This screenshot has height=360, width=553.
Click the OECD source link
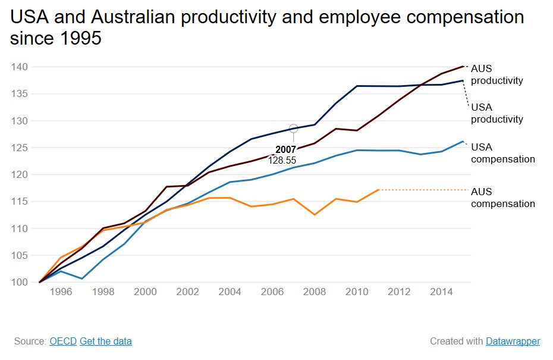tap(63, 341)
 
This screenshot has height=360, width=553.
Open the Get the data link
tap(106, 341)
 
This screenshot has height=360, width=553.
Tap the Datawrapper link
tap(513, 341)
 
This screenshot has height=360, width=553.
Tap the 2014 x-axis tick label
tap(441, 292)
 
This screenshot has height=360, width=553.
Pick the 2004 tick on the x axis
tap(230, 292)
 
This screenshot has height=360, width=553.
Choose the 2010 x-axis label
tap(357, 292)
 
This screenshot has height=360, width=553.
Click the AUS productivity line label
tap(497, 74)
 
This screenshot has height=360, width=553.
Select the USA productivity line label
tap(497, 113)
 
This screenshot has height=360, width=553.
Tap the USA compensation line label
tap(502, 153)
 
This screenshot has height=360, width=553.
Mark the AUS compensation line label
tap(502, 198)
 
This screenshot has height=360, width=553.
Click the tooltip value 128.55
tap(282, 160)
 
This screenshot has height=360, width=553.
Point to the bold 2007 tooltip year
tap(285, 149)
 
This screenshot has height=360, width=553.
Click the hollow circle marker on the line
tap(293, 129)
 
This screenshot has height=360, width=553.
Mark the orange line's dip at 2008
tap(315, 214)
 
